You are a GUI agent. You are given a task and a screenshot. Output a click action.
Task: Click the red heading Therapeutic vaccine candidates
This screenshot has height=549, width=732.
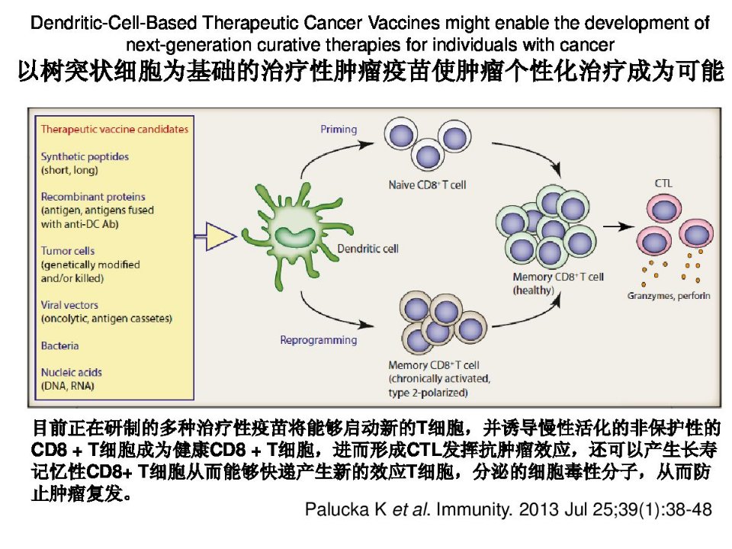114,130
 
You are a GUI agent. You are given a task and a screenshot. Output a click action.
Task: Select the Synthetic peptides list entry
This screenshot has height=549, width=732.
85,156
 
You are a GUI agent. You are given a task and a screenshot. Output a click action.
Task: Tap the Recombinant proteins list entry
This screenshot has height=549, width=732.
93,197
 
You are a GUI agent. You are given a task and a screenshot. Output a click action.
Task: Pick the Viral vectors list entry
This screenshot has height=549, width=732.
69,305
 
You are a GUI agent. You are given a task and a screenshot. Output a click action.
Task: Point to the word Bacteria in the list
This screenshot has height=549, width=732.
59,346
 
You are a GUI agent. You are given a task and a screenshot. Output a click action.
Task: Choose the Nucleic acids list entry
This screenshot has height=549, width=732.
72,373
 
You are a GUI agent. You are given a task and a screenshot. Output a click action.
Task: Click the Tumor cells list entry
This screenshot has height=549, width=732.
68,251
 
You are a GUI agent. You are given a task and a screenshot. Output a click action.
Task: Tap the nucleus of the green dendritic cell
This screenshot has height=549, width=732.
293,236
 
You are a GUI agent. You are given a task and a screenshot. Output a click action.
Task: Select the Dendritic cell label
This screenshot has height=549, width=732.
368,249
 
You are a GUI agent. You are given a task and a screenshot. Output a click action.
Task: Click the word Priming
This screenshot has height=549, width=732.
339,130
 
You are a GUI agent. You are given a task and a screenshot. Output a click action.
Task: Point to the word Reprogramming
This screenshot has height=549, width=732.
319,340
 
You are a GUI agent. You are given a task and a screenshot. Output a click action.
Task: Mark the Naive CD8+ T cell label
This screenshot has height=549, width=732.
427,185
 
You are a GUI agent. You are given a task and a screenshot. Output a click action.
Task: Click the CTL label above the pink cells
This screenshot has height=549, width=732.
663,183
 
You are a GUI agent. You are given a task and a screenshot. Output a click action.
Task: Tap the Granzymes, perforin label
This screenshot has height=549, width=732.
669,296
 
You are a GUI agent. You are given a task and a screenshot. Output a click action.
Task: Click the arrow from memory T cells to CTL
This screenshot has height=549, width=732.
618,227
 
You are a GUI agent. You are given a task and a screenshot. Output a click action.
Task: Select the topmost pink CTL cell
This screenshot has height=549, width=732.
664,209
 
